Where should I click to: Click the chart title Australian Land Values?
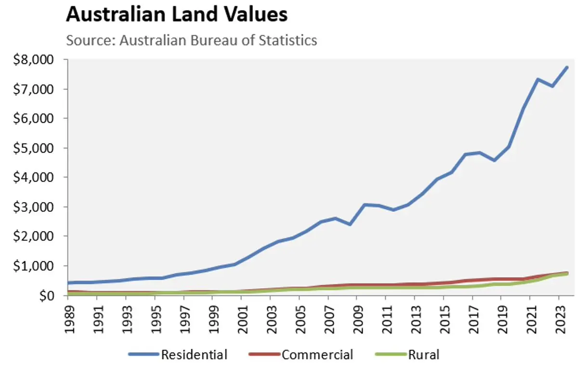pos(177,15)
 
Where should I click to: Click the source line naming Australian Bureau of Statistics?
pos(192,39)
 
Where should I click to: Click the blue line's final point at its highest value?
pos(567,67)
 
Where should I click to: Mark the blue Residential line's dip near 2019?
pos(495,160)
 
